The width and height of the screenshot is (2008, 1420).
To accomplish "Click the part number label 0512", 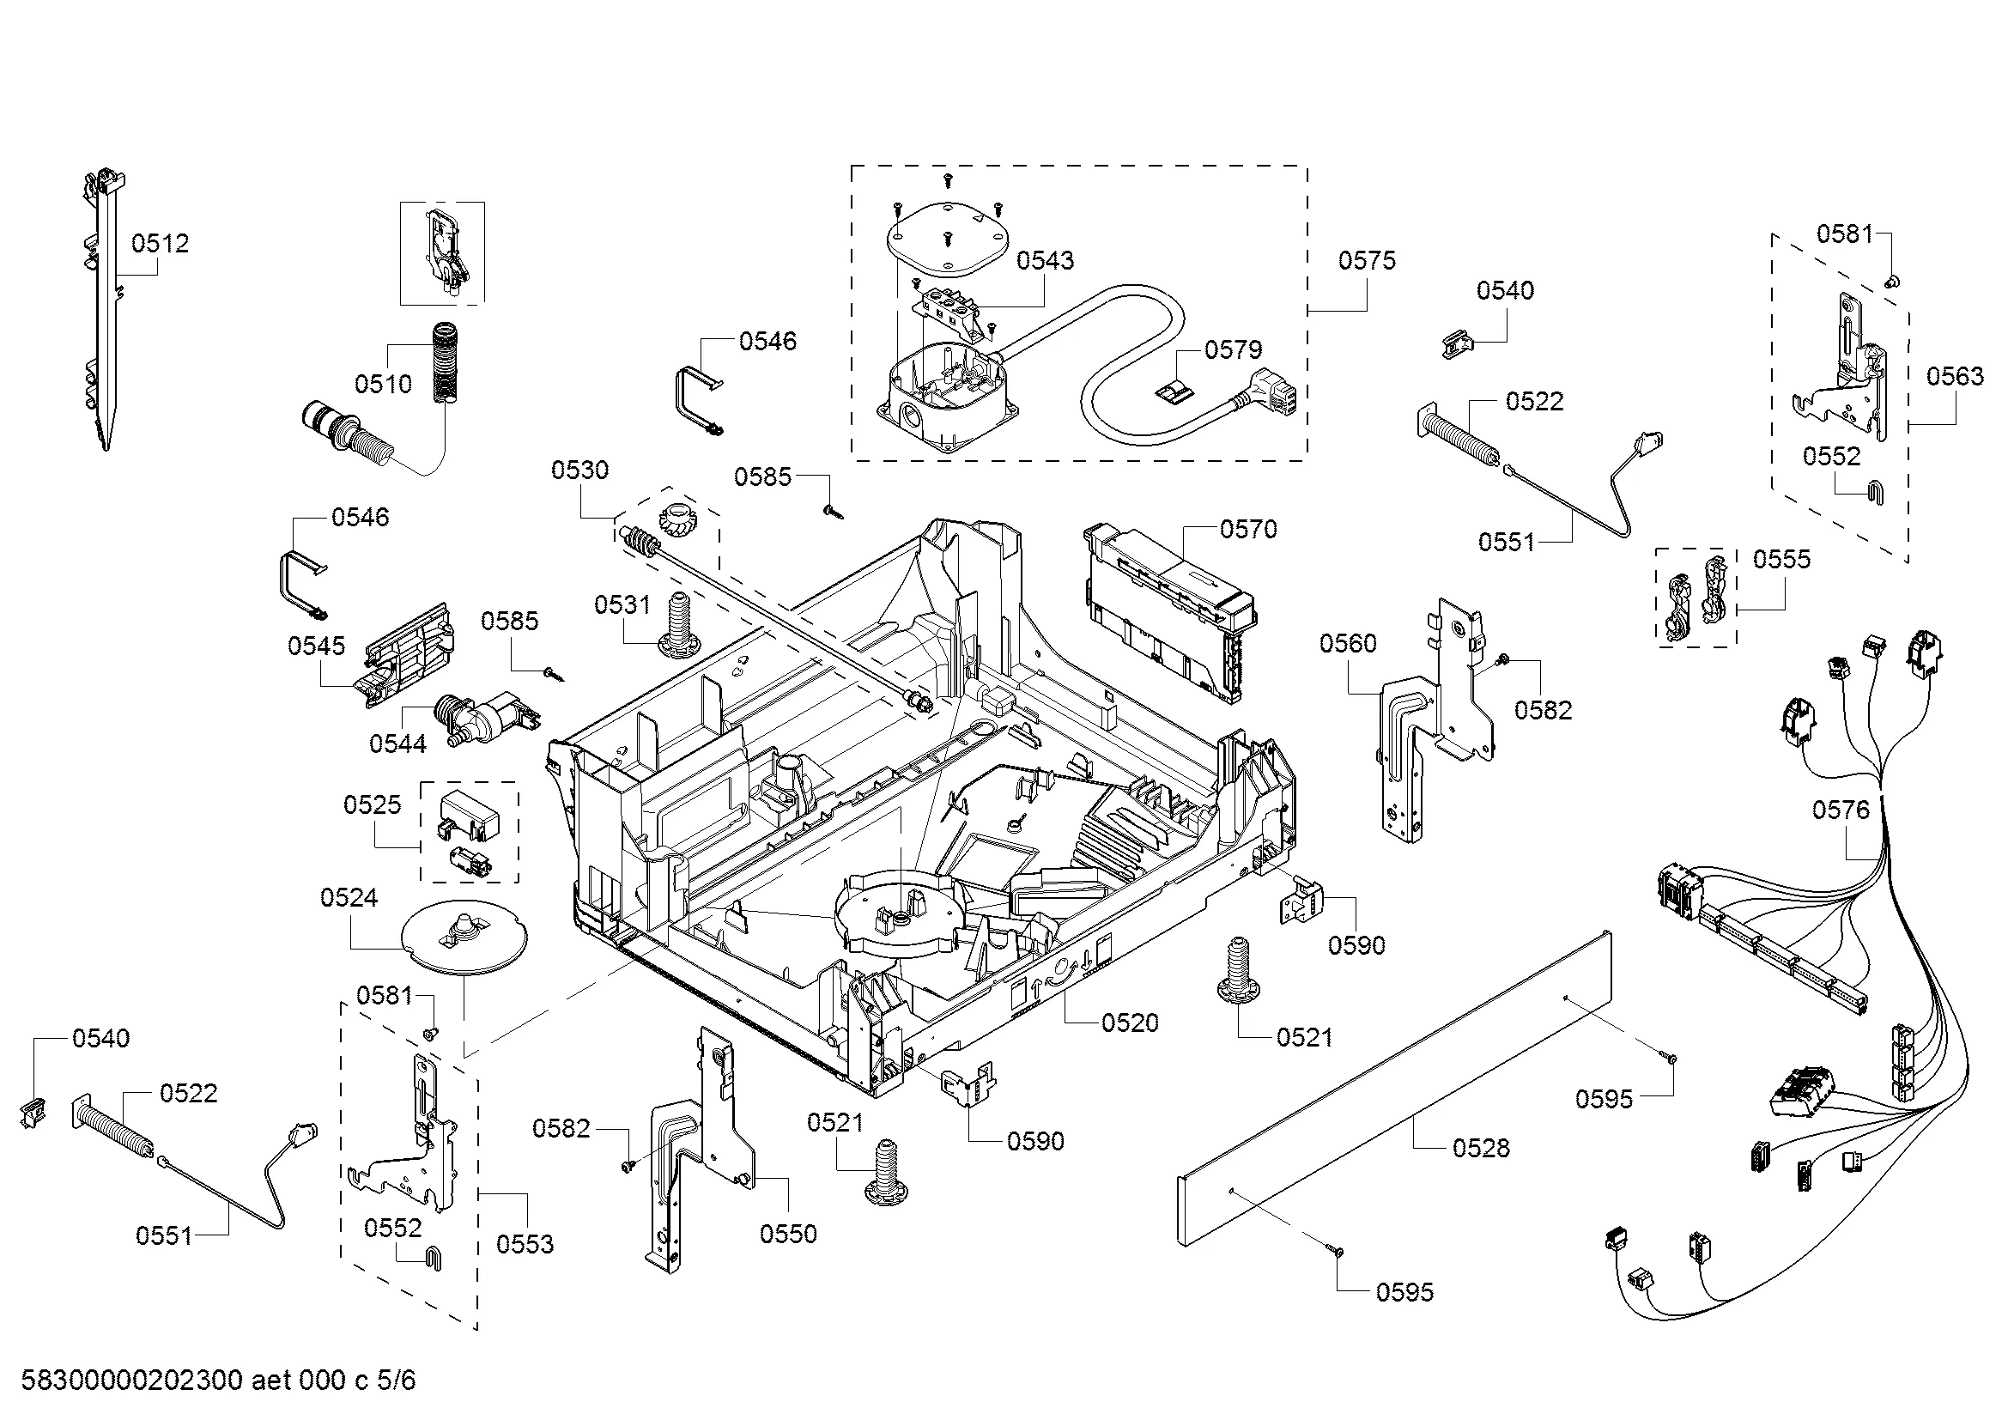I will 160,243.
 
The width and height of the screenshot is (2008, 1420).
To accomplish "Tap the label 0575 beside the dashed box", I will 1367,261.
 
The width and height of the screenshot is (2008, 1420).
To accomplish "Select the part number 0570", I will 1248,529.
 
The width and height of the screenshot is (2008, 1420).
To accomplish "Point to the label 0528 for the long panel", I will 1481,1148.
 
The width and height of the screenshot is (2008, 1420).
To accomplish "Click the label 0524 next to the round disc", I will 349,898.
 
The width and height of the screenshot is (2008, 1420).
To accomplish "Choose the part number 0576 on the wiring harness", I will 1840,810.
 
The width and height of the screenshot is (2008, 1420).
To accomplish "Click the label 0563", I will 1955,377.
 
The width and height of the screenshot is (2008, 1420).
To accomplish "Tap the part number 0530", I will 579,470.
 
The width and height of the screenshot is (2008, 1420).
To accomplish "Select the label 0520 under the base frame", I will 1129,1023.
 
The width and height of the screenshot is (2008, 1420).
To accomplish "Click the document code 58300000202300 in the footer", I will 131,1381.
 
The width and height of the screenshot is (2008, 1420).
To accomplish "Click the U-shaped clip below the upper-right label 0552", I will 1874,493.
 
